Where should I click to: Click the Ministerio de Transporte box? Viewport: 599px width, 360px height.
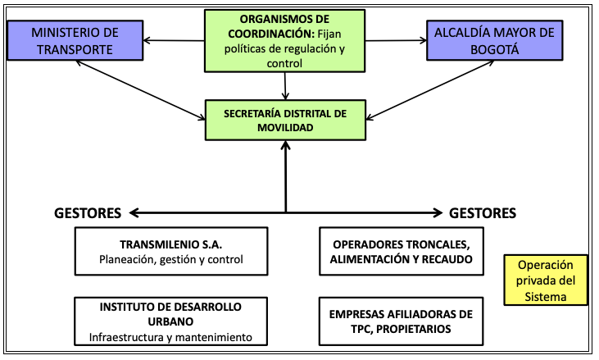coord(75,40)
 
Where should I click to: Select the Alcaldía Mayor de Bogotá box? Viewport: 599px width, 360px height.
coord(495,40)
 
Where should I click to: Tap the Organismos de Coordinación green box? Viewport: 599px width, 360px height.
coord(284,41)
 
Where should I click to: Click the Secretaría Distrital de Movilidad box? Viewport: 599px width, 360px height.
coord(285,121)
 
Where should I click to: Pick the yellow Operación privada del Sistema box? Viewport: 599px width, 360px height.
coord(546,280)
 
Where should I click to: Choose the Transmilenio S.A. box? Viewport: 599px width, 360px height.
coord(171,252)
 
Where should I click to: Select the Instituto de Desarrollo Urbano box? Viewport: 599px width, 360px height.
coord(170,321)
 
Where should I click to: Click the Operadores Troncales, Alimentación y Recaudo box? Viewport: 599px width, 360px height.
coord(402,252)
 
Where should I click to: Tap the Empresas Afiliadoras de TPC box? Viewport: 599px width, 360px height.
coord(402,321)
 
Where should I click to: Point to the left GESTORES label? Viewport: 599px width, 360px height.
coord(88,213)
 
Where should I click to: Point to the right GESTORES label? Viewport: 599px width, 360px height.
coord(483,213)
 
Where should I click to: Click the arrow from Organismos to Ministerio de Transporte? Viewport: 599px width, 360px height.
coord(174,40)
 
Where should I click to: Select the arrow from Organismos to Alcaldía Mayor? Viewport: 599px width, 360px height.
coord(396,40)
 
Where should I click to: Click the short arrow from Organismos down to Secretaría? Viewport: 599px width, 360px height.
coord(285,86)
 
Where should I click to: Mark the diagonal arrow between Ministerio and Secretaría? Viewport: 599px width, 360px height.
coord(141,90)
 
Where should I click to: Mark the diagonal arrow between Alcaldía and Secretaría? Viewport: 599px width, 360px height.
coord(429,90)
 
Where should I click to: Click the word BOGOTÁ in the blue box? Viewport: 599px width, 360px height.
coord(495,50)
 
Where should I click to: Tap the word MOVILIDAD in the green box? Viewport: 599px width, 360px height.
coord(285,128)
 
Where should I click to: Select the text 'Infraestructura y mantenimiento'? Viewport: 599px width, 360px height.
coord(170,337)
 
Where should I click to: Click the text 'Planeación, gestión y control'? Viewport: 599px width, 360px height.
coord(171,259)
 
